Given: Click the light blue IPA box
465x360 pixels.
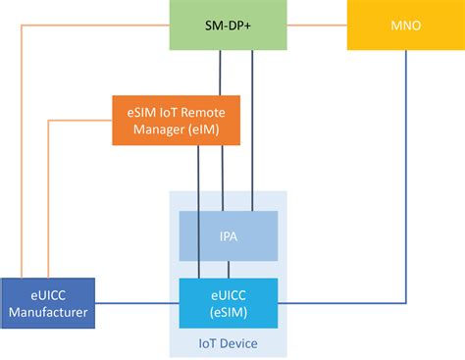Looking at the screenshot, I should (x=228, y=236).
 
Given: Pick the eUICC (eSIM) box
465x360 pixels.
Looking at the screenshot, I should (x=228, y=300).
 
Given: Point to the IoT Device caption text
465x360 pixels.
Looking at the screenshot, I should (x=228, y=342).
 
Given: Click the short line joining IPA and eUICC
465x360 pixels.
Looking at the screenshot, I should (x=228, y=269).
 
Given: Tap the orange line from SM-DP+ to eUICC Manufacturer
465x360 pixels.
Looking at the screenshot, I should (x=22, y=147).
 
